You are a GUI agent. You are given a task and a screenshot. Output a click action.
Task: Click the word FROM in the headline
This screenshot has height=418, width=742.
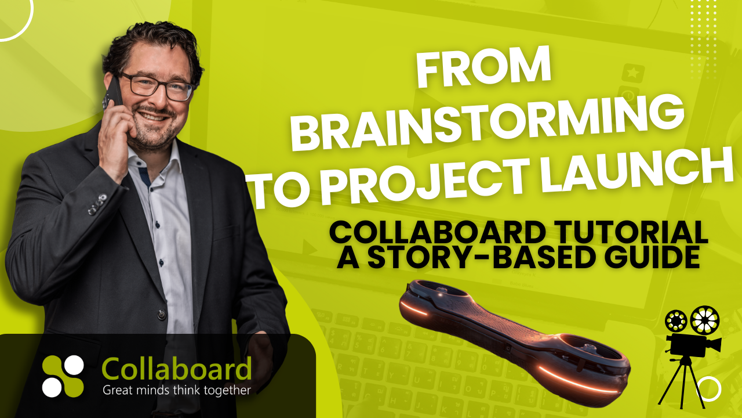(483, 68)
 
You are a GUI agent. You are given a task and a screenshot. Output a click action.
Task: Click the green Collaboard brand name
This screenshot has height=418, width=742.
(177, 368)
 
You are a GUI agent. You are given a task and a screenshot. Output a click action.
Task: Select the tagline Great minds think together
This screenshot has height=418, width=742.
(177, 390)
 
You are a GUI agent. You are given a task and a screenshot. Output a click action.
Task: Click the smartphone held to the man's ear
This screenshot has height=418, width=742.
(113, 93)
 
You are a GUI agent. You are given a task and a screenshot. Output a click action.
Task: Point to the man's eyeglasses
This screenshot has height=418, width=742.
(157, 87)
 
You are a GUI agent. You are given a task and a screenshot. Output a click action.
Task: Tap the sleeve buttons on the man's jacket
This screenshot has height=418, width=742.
(97, 204)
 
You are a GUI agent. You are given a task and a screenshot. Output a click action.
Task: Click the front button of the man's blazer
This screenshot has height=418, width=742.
(161, 314)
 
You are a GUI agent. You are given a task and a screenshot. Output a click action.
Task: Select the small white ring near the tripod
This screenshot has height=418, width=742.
(709, 389)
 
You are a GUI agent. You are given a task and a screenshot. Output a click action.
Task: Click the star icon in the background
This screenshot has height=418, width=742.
(633, 73)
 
